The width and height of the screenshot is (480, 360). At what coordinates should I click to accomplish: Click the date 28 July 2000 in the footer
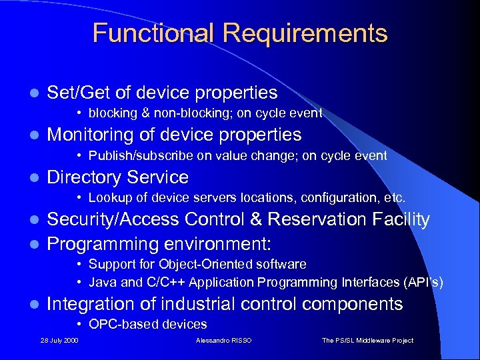pyautogui.click(x=59, y=341)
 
